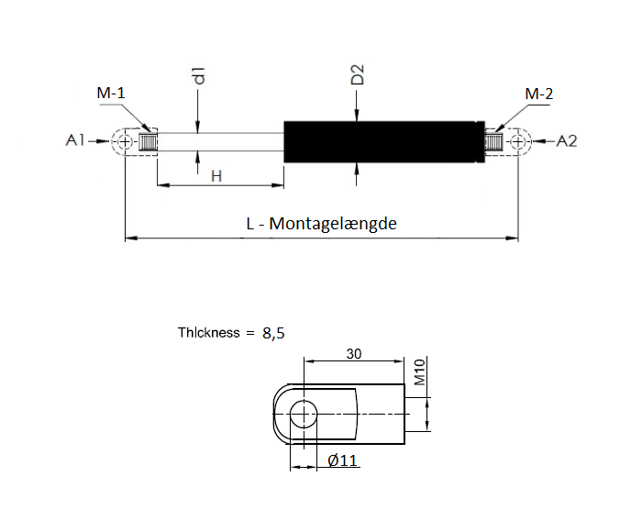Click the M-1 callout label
(111, 93)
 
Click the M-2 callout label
(539, 94)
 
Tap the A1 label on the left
(75, 140)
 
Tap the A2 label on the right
(567, 141)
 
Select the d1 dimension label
(199, 75)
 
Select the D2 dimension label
(358, 74)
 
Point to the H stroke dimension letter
(216, 176)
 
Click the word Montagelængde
(333, 224)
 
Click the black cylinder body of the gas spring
(384, 141)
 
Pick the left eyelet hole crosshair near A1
(125, 141)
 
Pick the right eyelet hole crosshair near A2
(518, 141)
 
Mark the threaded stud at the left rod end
(148, 141)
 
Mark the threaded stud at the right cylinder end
(493, 141)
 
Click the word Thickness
(208, 332)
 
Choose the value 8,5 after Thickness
(273, 333)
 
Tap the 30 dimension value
(354, 353)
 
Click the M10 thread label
(420, 371)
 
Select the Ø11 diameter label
(343, 460)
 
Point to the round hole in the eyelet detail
(304, 414)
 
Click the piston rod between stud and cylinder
(220, 141)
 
